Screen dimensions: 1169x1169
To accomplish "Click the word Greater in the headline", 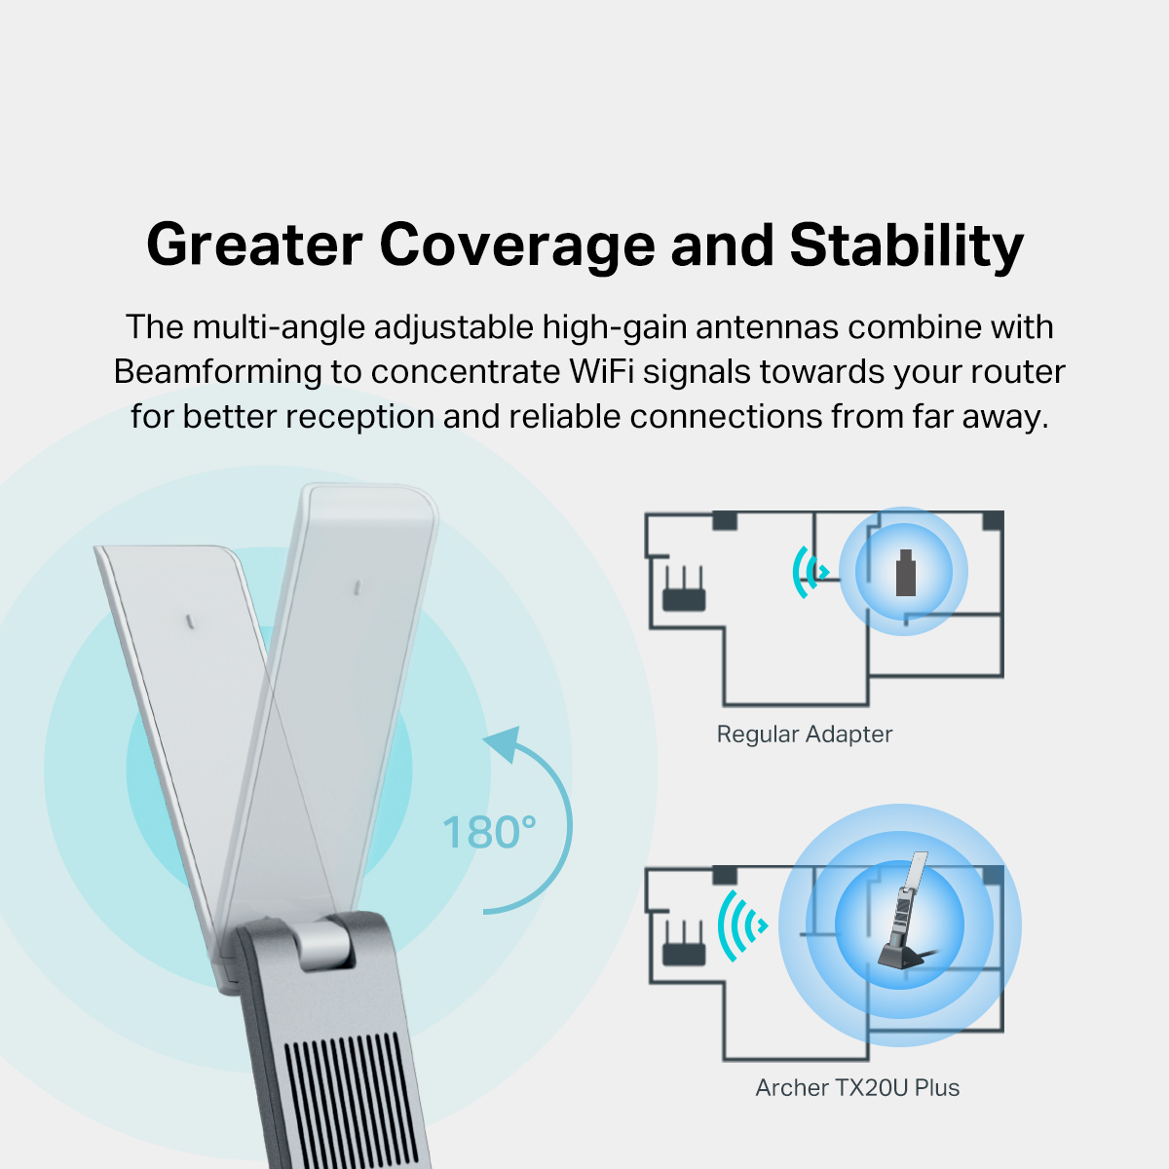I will click(x=254, y=245).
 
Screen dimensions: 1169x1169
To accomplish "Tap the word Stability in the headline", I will click(x=906, y=245).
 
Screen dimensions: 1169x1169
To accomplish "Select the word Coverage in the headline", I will click(x=517, y=245).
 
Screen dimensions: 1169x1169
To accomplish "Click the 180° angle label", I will click(x=489, y=833).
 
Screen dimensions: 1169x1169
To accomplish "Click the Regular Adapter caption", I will click(x=804, y=735).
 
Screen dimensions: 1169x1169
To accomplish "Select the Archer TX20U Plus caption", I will click(x=857, y=1088).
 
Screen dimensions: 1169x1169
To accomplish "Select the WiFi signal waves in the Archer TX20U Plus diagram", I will click(x=742, y=924).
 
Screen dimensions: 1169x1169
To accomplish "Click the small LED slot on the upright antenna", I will click(x=358, y=587).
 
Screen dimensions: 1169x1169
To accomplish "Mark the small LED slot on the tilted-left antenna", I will click(x=189, y=620).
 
